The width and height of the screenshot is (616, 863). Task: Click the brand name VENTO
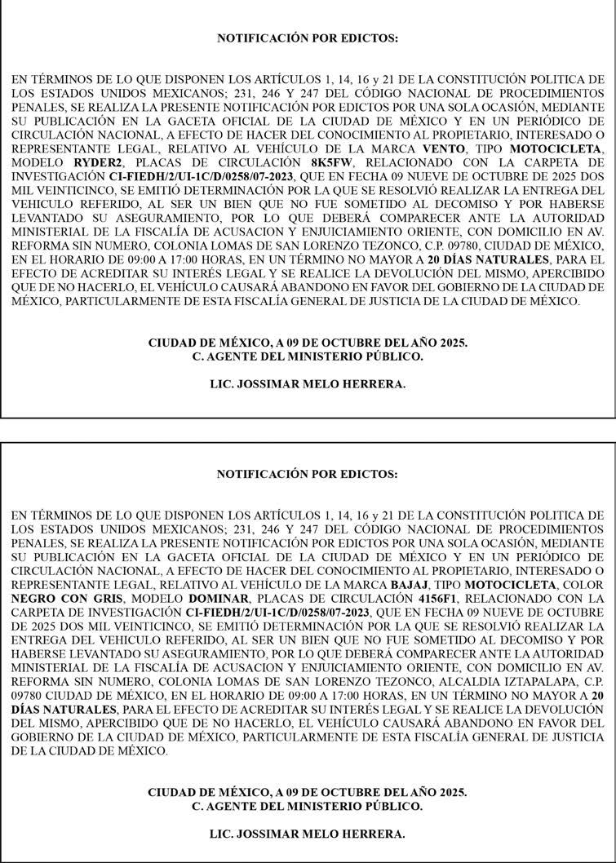443,149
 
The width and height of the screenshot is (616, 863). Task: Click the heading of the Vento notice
308,38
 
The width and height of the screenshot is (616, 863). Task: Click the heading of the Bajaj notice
308,474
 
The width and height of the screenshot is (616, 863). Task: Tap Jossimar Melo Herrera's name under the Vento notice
308,383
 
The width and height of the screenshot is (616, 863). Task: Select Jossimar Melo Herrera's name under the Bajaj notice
308,834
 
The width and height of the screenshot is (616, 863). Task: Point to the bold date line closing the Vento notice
308,343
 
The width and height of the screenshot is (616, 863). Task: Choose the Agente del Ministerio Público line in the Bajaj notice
308,806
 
